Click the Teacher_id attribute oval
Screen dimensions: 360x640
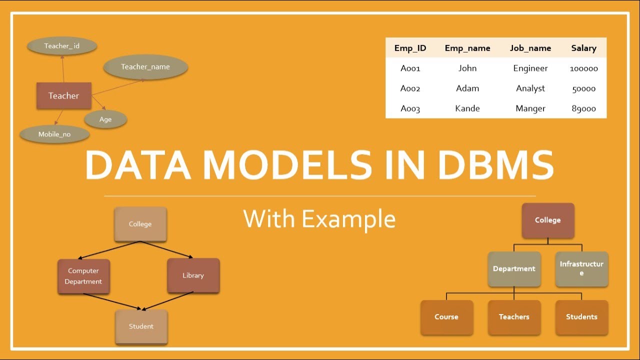[62, 46]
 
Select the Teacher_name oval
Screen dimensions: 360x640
[145, 67]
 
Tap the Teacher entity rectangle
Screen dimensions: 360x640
[64, 95]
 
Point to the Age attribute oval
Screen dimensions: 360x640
[105, 119]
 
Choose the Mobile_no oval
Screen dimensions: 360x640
[54, 134]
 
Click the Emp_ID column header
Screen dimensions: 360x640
[410, 48]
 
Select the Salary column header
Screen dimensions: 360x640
[583, 48]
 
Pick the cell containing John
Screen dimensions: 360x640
[467, 68]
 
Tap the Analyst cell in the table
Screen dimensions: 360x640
[530, 88]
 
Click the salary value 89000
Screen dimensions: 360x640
[583, 108]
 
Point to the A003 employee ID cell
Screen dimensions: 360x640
[410, 108]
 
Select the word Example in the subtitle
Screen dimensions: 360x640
[348, 219]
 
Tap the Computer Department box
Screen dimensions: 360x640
[83, 276]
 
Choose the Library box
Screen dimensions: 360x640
[193, 275]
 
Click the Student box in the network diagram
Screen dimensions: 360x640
[141, 326]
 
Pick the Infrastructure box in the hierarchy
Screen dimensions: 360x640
[581, 268]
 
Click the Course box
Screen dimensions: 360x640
[446, 317]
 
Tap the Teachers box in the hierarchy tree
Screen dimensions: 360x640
[514, 317]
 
